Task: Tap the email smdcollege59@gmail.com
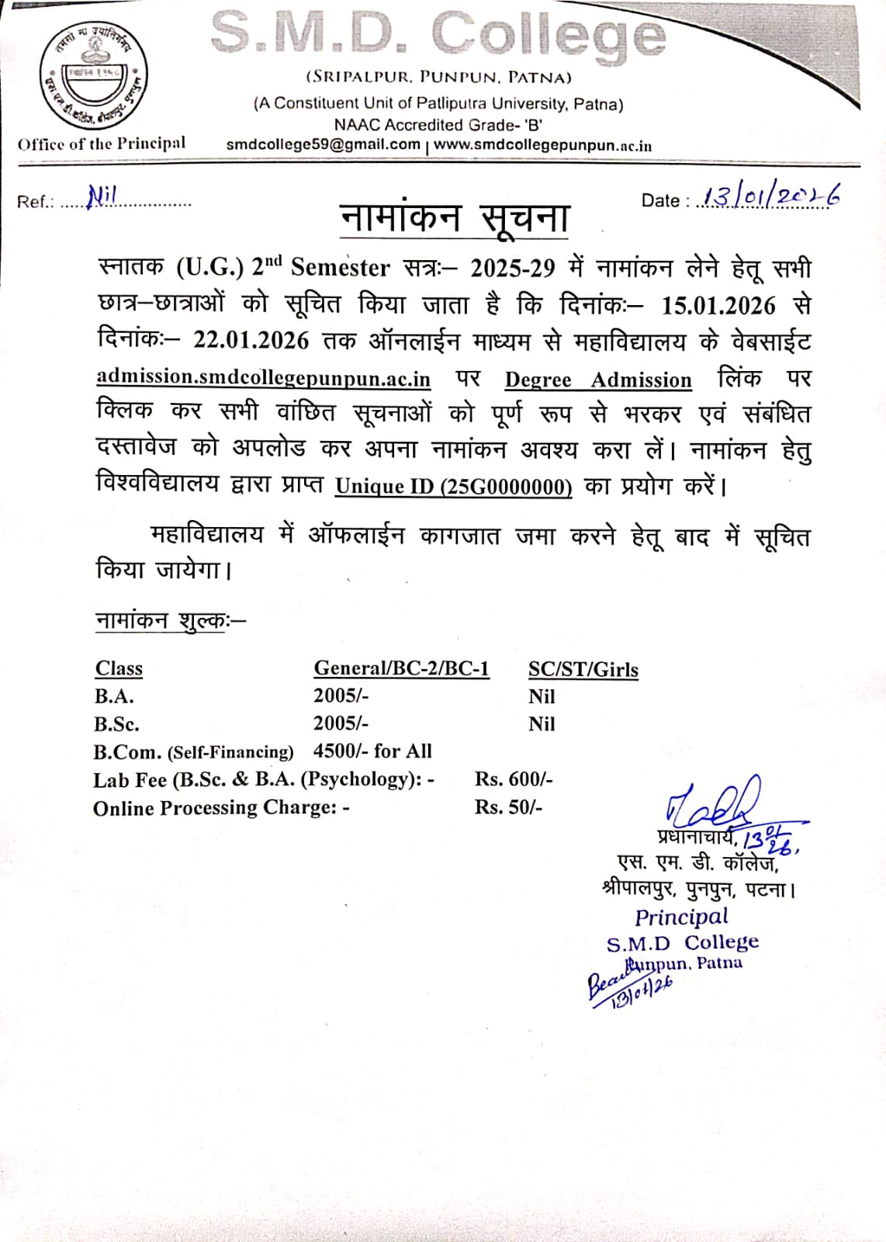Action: click(x=323, y=144)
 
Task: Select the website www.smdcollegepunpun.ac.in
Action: click(x=542, y=145)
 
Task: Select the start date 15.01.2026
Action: click(x=718, y=305)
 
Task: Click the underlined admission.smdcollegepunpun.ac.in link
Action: click(x=263, y=377)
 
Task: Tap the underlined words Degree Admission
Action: click(x=598, y=380)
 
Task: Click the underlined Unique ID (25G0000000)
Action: click(x=453, y=486)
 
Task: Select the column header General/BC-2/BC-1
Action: click(x=401, y=668)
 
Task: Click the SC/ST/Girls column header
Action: click(x=583, y=669)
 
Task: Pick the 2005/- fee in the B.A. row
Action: click(x=341, y=696)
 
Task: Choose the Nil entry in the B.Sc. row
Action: click(x=542, y=723)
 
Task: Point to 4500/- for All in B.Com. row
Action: click(x=372, y=751)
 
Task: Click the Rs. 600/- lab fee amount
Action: click(x=514, y=779)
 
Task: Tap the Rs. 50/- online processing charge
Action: click(x=508, y=807)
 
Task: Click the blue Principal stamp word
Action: click(x=681, y=917)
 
